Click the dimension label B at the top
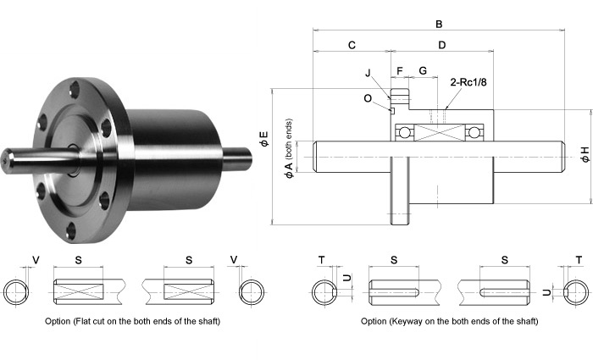[438, 25]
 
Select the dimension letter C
[352, 45]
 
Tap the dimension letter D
[441, 45]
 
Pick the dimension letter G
[422, 69]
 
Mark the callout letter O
[368, 97]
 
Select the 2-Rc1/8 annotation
[464, 82]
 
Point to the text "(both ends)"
[290, 139]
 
